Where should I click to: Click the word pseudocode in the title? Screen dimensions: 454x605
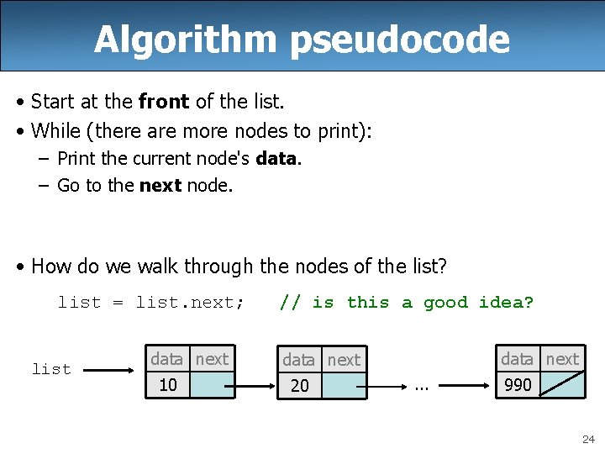[400, 40]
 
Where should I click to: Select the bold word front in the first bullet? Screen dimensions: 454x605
[165, 103]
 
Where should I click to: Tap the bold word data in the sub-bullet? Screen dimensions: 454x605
[276, 159]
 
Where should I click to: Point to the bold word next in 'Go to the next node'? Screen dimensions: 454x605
[160, 186]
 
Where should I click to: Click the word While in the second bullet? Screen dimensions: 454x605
[56, 131]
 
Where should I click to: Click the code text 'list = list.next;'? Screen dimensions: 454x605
[151, 303]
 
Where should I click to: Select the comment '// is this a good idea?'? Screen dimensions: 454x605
[407, 303]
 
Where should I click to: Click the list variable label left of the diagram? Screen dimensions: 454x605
[51, 369]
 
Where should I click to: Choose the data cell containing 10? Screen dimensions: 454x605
[167, 385]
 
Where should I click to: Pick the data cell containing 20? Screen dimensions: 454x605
[299, 386]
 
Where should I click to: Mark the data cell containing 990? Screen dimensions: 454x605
[518, 385]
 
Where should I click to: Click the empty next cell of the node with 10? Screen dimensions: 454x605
[212, 385]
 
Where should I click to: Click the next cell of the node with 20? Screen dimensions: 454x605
[345, 386]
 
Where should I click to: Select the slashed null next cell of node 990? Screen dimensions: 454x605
[561, 385]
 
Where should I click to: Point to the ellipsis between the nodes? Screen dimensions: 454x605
[423, 387]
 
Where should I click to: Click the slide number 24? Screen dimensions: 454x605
[588, 439]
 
